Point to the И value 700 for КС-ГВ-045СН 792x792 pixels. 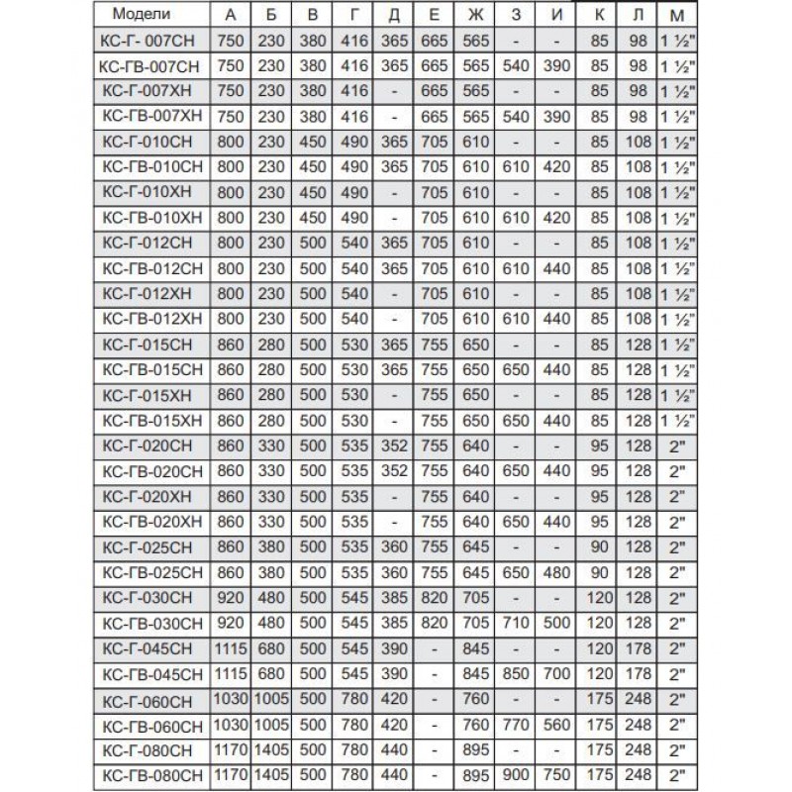click(x=557, y=675)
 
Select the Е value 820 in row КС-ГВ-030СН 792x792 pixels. click(x=436, y=624)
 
